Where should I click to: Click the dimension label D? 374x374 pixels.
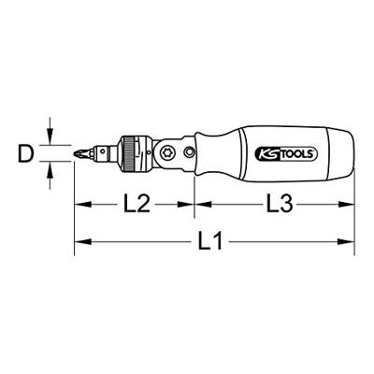click(x=24, y=151)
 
